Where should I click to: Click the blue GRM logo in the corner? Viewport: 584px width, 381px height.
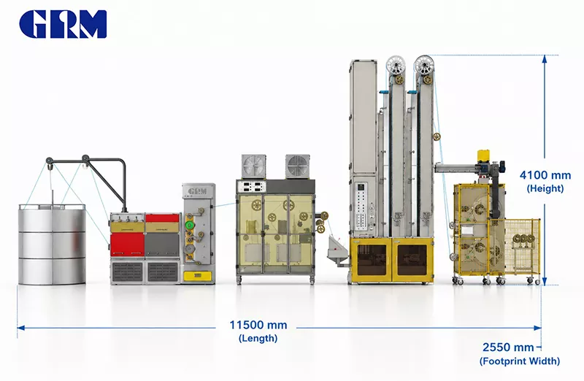[63, 24]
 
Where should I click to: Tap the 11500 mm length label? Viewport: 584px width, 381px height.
[258, 325]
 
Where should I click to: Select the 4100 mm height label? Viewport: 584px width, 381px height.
[545, 175]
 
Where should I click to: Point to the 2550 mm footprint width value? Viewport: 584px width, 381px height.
[508, 347]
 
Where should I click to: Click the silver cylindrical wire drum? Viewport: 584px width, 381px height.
[52, 245]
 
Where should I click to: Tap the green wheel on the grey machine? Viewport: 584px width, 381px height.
[190, 226]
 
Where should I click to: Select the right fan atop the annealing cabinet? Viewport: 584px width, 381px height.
[298, 166]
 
